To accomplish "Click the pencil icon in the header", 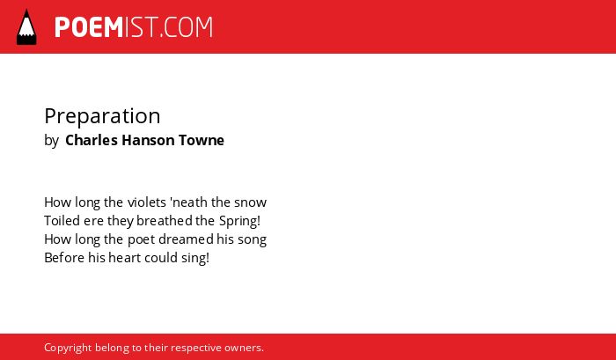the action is [26, 26].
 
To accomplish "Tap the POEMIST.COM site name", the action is [134, 27].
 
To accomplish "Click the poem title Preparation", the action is [102, 117].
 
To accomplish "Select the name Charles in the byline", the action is [92, 140].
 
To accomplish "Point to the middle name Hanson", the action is [148, 140].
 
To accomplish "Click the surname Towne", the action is [202, 140].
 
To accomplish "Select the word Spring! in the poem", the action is [239, 221].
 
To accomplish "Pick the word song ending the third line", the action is [252, 240].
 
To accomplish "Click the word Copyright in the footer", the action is [68, 349].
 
